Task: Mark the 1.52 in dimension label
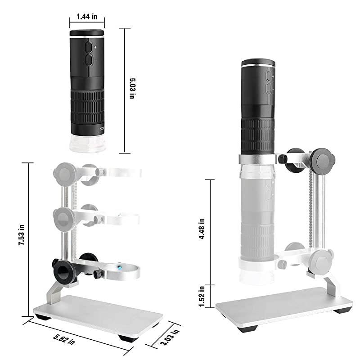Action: coord(202,294)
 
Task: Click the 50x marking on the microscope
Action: coord(101,128)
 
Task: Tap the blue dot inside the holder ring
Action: coord(121,268)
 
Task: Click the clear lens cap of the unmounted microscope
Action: coord(87,143)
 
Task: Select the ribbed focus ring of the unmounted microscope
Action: coord(87,106)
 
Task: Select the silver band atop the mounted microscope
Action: coord(259,66)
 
